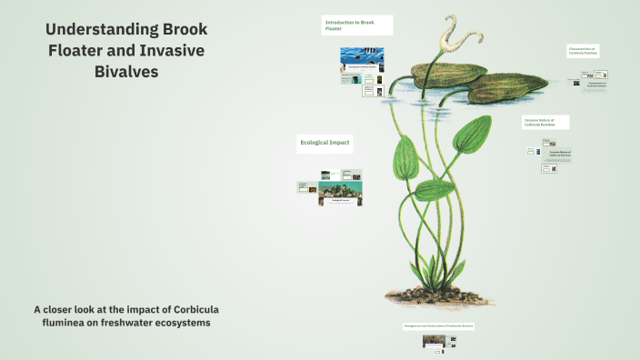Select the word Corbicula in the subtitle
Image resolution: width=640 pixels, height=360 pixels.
pyautogui.click(x=185, y=308)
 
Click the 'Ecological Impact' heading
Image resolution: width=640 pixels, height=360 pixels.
pyautogui.click(x=325, y=143)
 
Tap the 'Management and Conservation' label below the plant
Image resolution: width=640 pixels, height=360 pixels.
pyautogui.click(x=440, y=325)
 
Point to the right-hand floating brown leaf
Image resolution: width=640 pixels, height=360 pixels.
pyautogui.click(x=514, y=87)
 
